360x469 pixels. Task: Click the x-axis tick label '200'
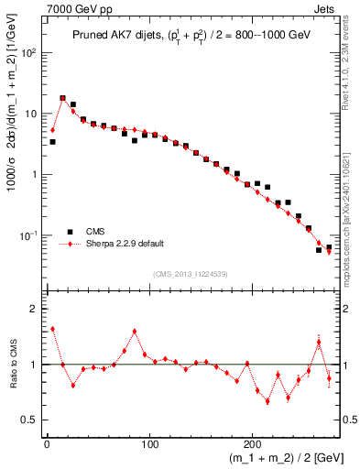pos(253,443)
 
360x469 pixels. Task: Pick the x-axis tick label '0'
pos(47,443)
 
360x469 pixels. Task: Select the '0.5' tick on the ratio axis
pos(32,420)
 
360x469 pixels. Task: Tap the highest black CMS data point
pos(62,98)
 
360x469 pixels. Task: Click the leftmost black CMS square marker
pos(52,142)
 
